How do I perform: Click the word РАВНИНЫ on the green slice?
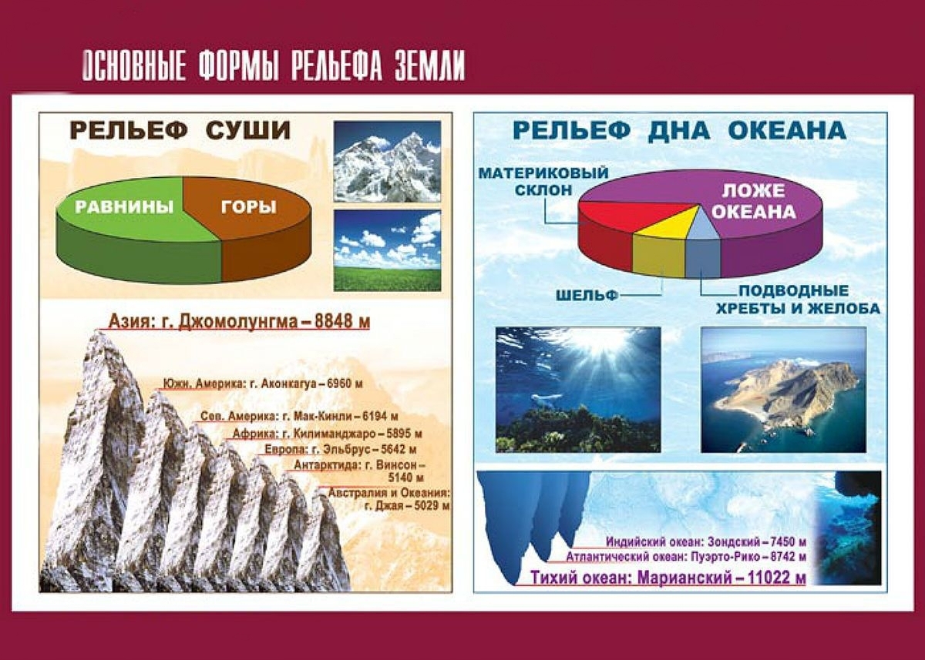(124, 206)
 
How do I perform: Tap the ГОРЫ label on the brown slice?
(248, 206)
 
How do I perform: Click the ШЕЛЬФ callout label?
(587, 296)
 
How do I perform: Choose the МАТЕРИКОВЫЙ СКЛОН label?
(543, 181)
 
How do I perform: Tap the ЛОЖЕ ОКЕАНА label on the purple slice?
(753, 201)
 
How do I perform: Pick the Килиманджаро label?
(327, 434)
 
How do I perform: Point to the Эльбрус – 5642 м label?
(341, 449)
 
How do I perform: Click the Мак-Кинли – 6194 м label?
(299, 416)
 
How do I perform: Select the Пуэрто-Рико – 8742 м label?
(686, 557)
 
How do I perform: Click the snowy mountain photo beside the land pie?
(387, 161)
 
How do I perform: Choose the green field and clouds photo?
(387, 251)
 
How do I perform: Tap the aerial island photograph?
(783, 390)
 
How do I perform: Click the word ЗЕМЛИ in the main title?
(429, 66)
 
